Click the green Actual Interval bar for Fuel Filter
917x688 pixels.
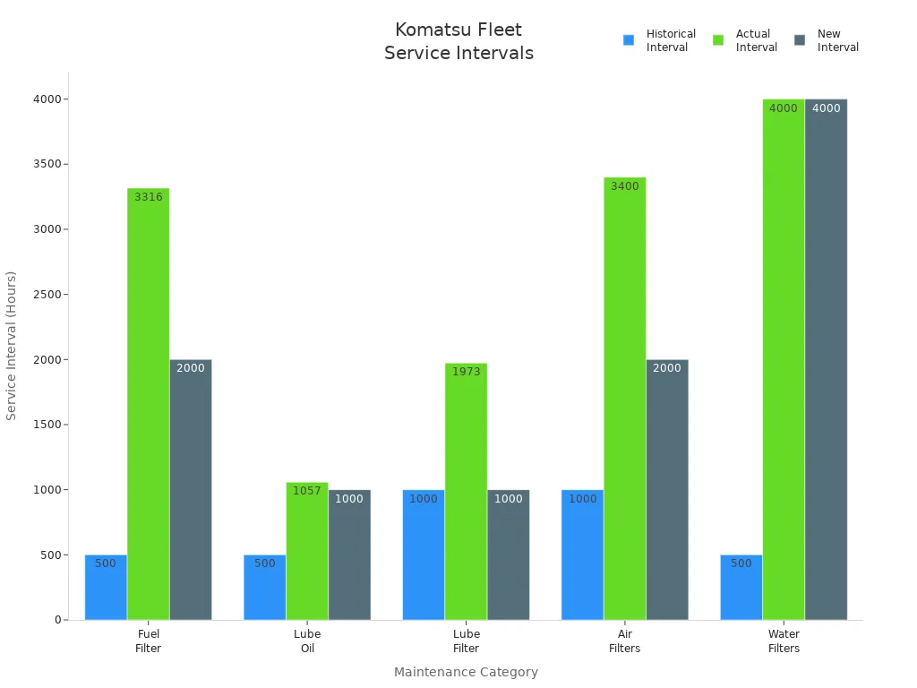tap(148, 403)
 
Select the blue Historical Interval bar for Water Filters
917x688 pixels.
tap(741, 588)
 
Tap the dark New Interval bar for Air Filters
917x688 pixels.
tap(666, 489)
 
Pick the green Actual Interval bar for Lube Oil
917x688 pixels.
tap(307, 551)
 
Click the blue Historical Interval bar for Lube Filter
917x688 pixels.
tap(423, 555)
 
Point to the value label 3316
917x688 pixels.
tap(149, 197)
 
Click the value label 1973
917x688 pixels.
tap(466, 372)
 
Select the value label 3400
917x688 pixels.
tap(625, 186)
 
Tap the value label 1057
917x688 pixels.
tap(307, 491)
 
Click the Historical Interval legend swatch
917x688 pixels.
tap(629, 40)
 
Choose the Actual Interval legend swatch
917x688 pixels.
tap(718, 40)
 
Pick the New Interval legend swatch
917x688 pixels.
tap(800, 40)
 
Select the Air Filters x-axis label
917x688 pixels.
tap(625, 641)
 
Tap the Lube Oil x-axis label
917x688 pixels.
tap(307, 641)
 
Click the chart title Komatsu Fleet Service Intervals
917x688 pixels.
tap(458, 41)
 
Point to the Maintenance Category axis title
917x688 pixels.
tap(466, 672)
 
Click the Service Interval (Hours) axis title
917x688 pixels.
tap(12, 345)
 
